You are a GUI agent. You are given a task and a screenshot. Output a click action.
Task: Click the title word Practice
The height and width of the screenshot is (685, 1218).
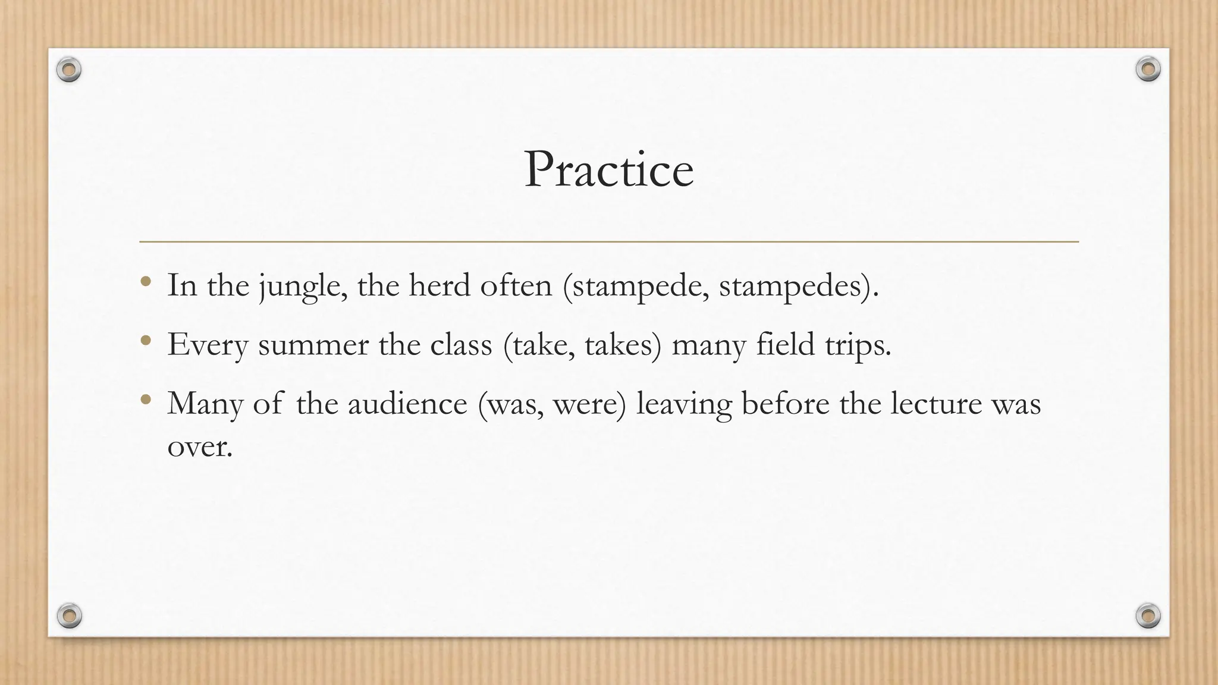pyautogui.click(x=608, y=170)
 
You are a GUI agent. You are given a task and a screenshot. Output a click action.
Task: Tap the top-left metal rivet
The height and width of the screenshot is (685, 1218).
pyautogui.click(x=69, y=70)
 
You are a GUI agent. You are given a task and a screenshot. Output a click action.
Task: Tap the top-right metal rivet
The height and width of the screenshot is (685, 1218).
pyautogui.click(x=1148, y=70)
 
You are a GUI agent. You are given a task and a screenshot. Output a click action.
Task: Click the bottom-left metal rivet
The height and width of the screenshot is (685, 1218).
pyautogui.click(x=69, y=615)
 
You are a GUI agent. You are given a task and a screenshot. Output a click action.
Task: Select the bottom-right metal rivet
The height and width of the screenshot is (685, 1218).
pyautogui.click(x=1148, y=615)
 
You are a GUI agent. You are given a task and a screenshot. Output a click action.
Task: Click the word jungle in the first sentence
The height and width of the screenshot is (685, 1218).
pyautogui.click(x=303, y=286)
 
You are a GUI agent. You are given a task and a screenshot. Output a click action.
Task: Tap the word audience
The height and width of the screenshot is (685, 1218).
pyautogui.click(x=407, y=404)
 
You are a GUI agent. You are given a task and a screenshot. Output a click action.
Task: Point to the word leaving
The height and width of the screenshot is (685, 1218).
pyautogui.click(x=684, y=404)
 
